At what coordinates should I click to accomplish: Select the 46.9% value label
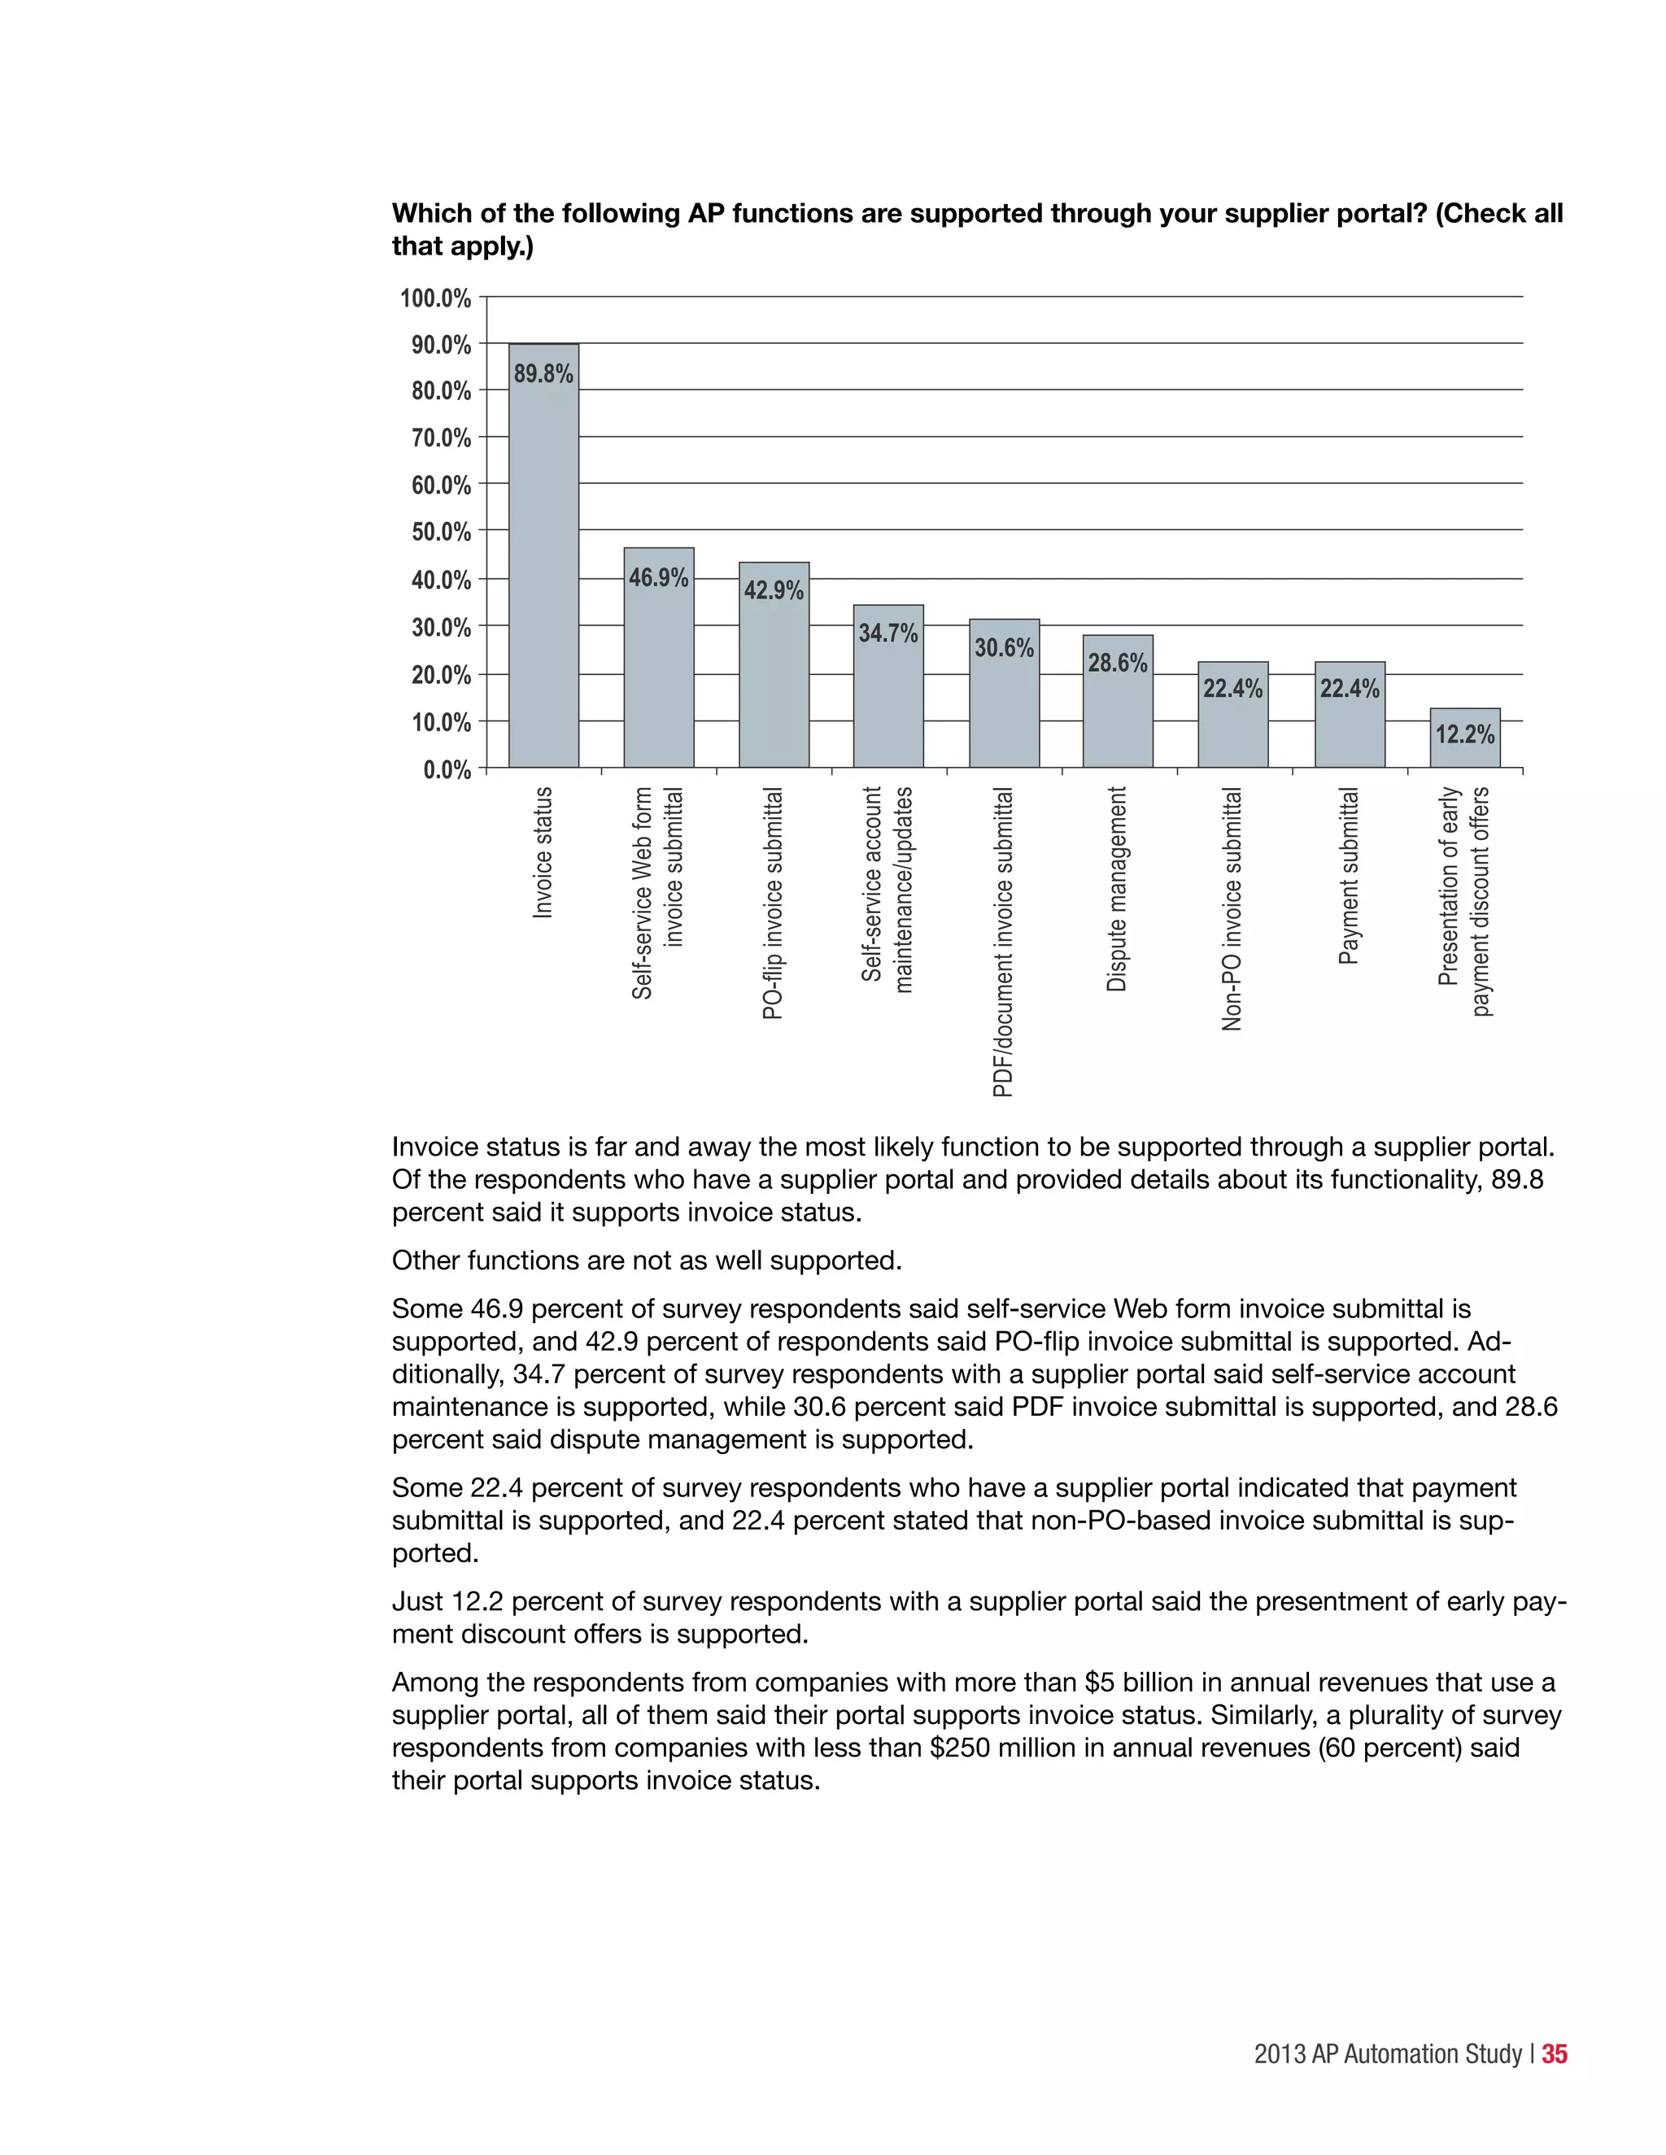tap(658, 577)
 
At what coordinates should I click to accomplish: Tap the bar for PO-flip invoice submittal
tap(774, 681)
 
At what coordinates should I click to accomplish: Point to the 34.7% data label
tap(888, 633)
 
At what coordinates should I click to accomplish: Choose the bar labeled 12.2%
tap(1464, 740)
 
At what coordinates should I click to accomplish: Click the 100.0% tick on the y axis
tap(435, 298)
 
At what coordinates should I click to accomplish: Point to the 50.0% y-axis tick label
tap(440, 532)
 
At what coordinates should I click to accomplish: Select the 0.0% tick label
tap(447, 769)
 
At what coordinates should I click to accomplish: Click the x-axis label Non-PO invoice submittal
tap(1232, 909)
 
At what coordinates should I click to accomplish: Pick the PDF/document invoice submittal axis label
tap(1003, 942)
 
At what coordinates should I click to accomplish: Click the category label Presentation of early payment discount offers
tap(1463, 900)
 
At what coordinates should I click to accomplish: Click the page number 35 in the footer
tap(1555, 2053)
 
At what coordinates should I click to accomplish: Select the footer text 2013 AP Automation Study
tap(1388, 2053)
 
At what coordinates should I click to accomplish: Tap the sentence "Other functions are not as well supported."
tap(647, 1260)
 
